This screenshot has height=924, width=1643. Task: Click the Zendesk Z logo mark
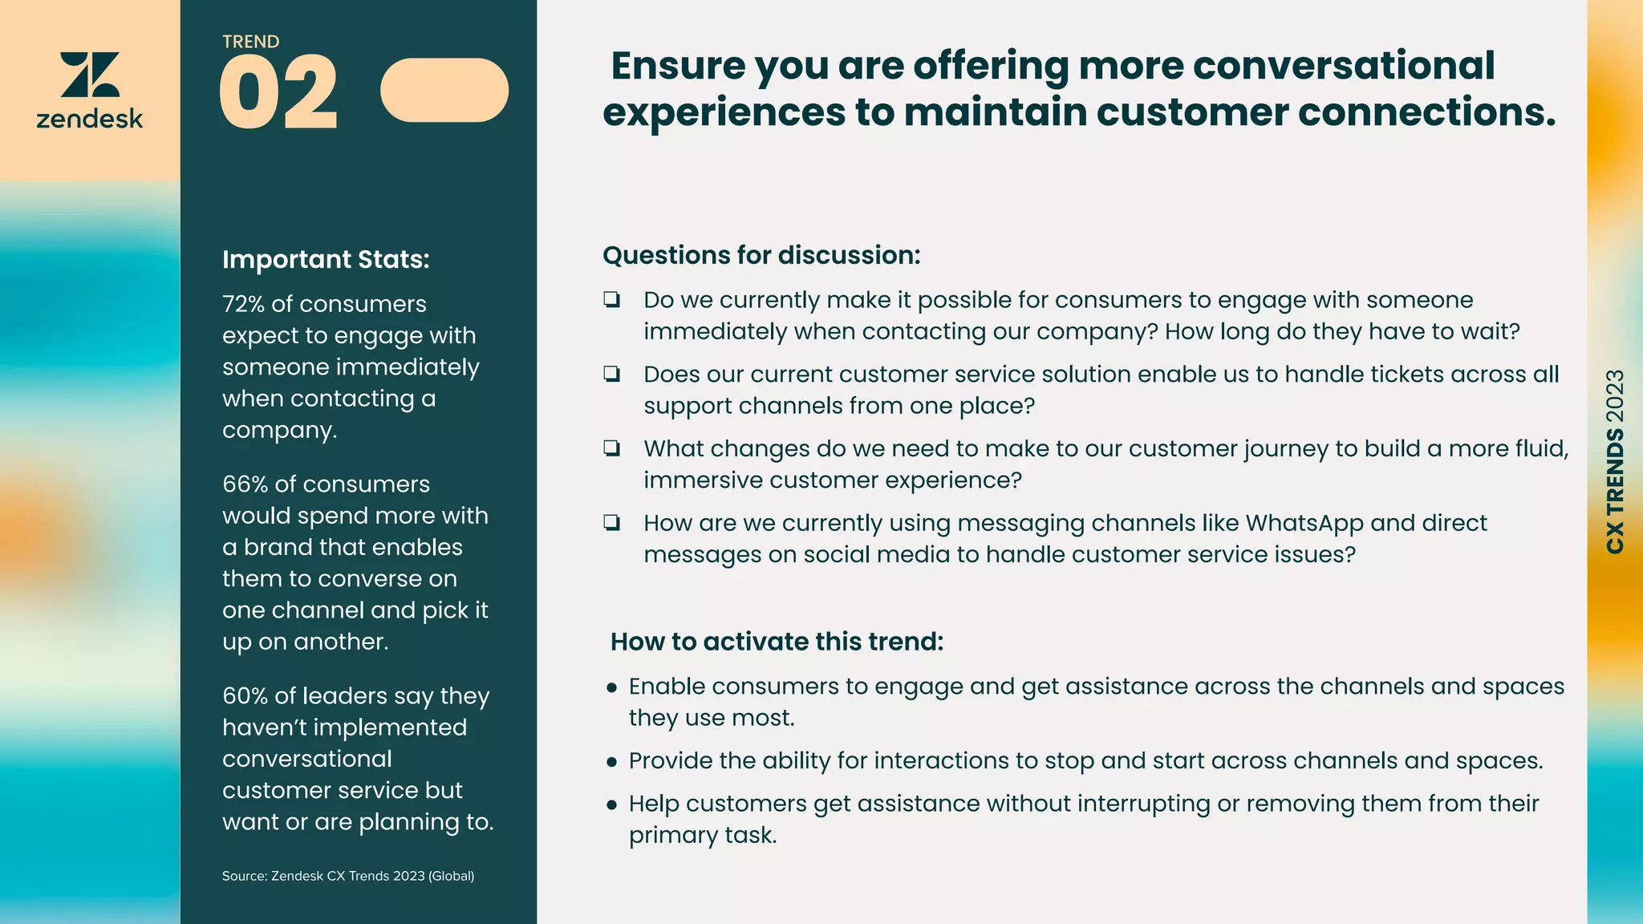[90, 75]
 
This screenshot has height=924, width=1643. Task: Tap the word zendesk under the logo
[90, 120]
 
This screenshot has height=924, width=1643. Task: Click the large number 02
[278, 92]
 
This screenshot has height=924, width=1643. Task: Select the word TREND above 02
[251, 42]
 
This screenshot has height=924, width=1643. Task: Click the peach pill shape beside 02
[444, 90]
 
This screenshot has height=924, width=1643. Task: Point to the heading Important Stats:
[326, 260]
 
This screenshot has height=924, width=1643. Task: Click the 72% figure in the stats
[243, 304]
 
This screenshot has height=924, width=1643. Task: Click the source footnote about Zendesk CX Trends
[348, 876]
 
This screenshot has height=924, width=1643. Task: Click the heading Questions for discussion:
[761, 255]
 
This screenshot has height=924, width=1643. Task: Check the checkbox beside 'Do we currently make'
[612, 300]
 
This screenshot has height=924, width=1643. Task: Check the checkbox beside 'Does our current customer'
[612, 374]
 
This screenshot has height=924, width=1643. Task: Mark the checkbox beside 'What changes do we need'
[612, 448]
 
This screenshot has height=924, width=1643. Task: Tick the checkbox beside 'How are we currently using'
[612, 523]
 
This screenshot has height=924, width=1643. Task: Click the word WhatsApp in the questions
[1304, 523]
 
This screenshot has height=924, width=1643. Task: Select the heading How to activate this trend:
[777, 642]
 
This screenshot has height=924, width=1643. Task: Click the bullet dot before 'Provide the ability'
[612, 762]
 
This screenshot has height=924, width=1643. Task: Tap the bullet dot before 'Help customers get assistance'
[612, 804]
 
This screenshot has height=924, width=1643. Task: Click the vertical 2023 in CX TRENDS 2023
[1615, 395]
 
